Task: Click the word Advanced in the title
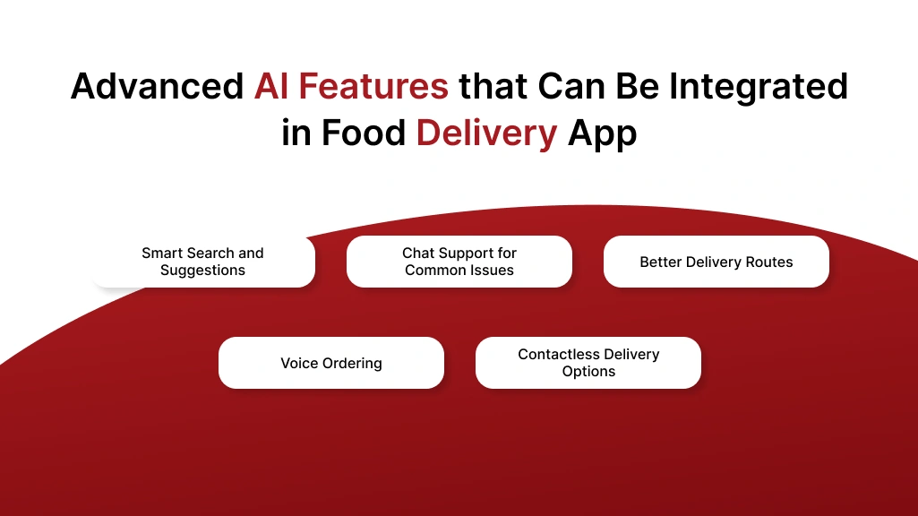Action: tap(157, 87)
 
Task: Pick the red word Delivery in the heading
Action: tap(486, 133)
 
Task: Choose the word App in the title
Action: tap(603, 133)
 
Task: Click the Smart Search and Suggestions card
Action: tap(203, 262)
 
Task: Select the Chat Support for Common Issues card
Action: tap(459, 262)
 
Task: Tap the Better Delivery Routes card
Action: tap(716, 262)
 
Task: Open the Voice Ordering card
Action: tap(331, 363)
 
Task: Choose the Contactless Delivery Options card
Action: tap(588, 363)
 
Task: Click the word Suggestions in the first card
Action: tap(203, 271)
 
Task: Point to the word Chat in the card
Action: tap(418, 254)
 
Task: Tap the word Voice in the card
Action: tap(299, 363)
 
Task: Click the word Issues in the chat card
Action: tap(493, 271)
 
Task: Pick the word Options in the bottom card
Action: tap(588, 372)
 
